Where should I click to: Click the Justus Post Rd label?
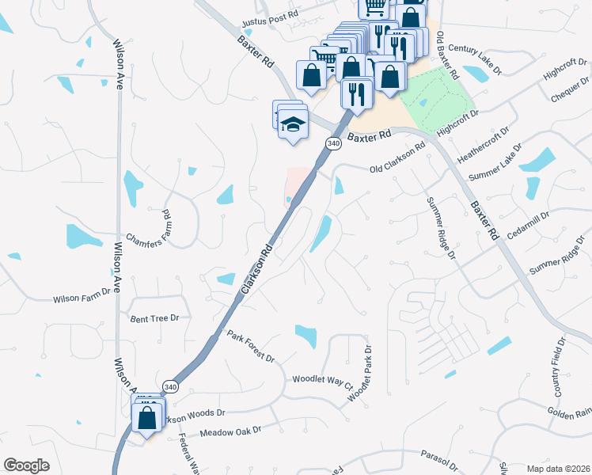click(x=271, y=14)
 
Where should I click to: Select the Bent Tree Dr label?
click(x=155, y=317)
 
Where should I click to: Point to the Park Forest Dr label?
click(x=250, y=346)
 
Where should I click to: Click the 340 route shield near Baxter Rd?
click(x=332, y=142)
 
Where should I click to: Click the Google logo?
click(x=26, y=465)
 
